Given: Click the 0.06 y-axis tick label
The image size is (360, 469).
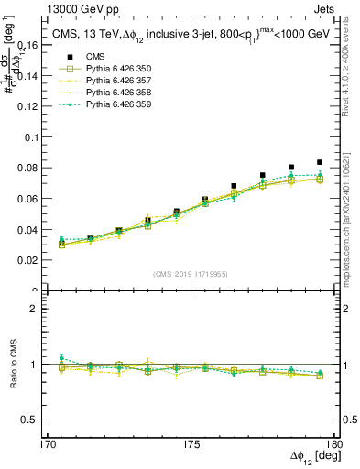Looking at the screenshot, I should point(37,199).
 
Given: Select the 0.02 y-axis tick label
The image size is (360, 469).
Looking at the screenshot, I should point(37,261).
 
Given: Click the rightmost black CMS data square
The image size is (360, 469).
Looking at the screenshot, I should point(320,162).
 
